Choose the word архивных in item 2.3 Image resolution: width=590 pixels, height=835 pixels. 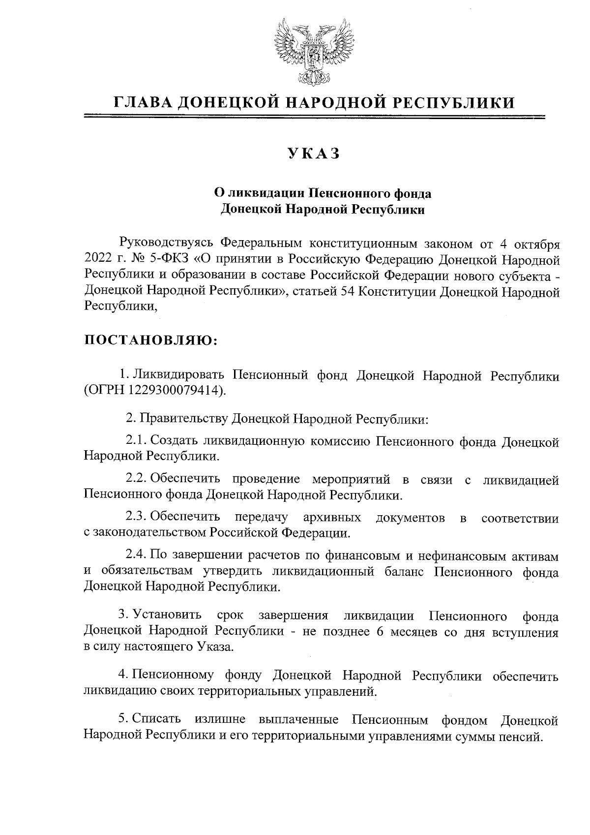(332, 518)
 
